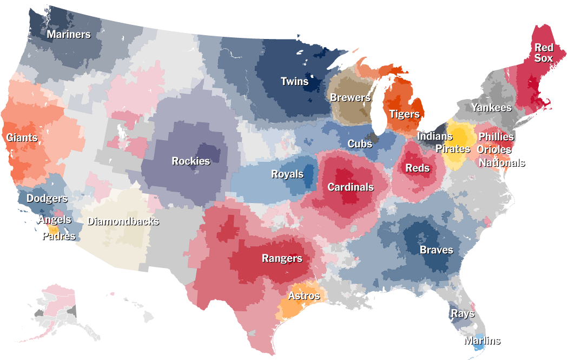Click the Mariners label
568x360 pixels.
click(x=68, y=35)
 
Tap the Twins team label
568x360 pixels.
click(x=294, y=82)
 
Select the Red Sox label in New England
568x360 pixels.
click(x=544, y=53)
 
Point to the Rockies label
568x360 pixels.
click(x=190, y=161)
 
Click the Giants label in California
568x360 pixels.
click(x=22, y=138)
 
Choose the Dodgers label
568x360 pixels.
click(x=47, y=199)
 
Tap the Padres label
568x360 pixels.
click(x=59, y=236)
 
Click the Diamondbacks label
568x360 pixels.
click(x=123, y=221)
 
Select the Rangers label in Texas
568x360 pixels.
click(x=282, y=258)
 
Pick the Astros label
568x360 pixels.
click(x=303, y=296)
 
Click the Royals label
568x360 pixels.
click(x=287, y=174)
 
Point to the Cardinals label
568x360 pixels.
click(x=351, y=187)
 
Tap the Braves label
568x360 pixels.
click(x=436, y=250)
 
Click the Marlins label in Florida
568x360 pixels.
click(x=482, y=341)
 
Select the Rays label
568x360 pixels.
click(x=462, y=314)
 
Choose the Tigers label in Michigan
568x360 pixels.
click(x=404, y=114)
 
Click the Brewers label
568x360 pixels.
click(x=350, y=97)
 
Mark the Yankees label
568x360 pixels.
click(x=491, y=107)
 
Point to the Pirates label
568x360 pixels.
click(x=453, y=148)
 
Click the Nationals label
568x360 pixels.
click(x=501, y=162)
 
